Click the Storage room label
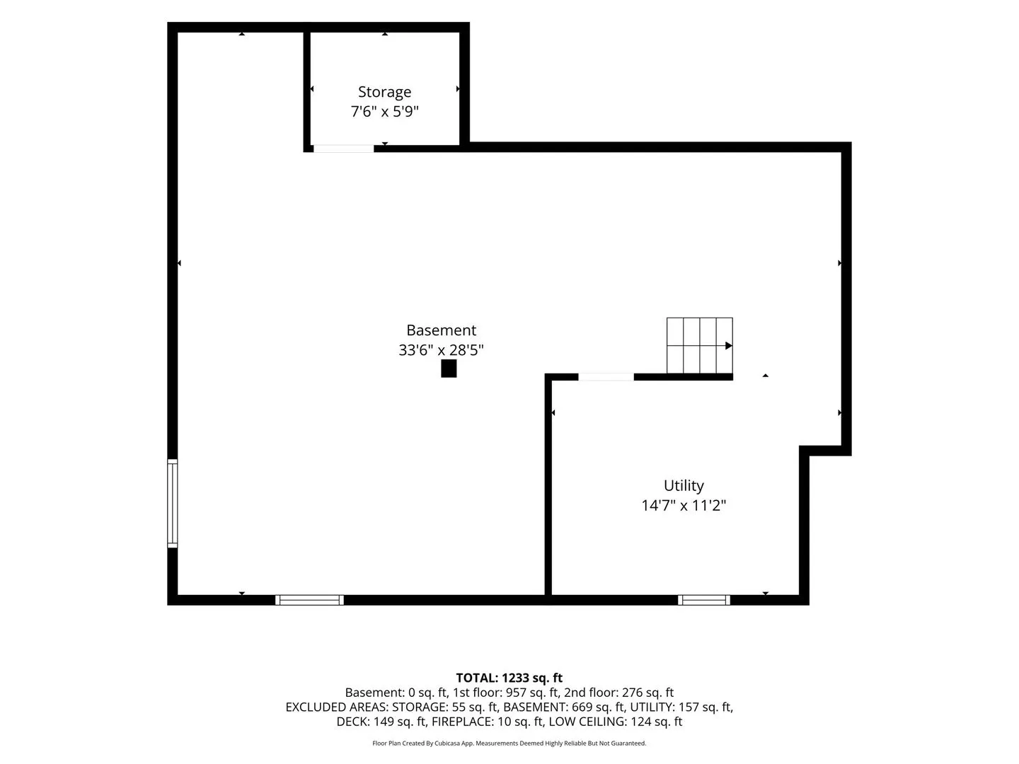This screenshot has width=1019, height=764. coord(384,92)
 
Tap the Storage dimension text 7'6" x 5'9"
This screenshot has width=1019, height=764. coord(384,112)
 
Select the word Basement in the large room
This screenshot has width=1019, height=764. coord(441,330)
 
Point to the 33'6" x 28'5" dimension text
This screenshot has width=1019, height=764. coord(441,349)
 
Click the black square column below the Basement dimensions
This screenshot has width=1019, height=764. coord(449,369)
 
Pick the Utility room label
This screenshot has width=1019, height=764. coord(684,486)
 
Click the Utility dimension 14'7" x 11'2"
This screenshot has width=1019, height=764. coord(684,505)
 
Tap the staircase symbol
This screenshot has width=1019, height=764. coord(700,346)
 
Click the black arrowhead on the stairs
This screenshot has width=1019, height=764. coord(729,346)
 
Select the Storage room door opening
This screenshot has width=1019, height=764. coord(343,149)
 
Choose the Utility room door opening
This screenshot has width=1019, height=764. coord(606,377)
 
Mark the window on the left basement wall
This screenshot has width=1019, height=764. coord(172,503)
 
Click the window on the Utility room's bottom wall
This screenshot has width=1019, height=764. coord(704,600)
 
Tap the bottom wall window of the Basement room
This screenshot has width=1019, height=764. coord(310,600)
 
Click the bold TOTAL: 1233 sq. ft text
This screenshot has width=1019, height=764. coord(509,678)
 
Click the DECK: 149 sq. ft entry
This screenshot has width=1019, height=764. coord(381,722)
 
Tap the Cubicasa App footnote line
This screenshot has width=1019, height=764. coord(509,743)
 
